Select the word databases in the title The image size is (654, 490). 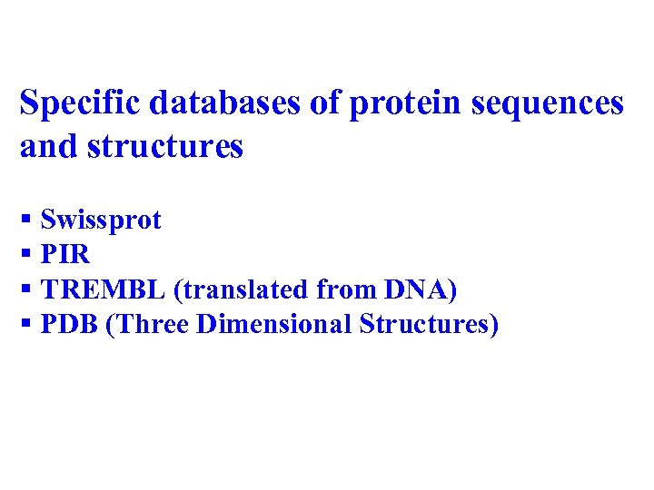225,104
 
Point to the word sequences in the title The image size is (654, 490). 548,104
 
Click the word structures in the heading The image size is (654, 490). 165,146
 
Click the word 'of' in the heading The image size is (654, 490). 324,104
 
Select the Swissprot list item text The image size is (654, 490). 101,220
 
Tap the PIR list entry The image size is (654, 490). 65,255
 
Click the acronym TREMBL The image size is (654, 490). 103,289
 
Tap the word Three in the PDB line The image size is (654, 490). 151,324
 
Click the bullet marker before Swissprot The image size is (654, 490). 26,220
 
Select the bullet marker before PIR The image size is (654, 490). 26,255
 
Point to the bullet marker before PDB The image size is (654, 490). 26,324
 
